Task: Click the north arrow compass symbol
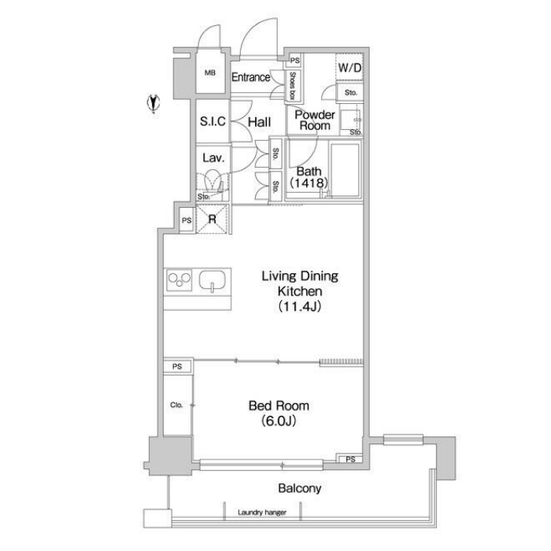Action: tap(153, 103)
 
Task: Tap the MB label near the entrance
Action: tap(210, 73)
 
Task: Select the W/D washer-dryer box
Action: tap(349, 67)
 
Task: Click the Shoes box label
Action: tap(292, 85)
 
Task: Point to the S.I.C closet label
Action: tap(213, 121)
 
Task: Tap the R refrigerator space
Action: tap(212, 220)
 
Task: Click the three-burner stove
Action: tap(179, 280)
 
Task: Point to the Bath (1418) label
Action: tap(309, 177)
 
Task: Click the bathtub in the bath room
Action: tap(346, 170)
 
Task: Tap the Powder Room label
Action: tap(315, 120)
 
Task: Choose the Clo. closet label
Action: tap(176, 405)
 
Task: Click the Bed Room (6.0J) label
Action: tap(279, 413)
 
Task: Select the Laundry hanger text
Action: tap(262, 512)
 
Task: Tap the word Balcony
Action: tap(300, 488)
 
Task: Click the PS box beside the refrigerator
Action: tap(187, 220)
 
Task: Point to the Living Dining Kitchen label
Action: tap(300, 291)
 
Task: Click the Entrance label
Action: tap(251, 77)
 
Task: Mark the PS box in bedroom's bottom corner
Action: tap(350, 459)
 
